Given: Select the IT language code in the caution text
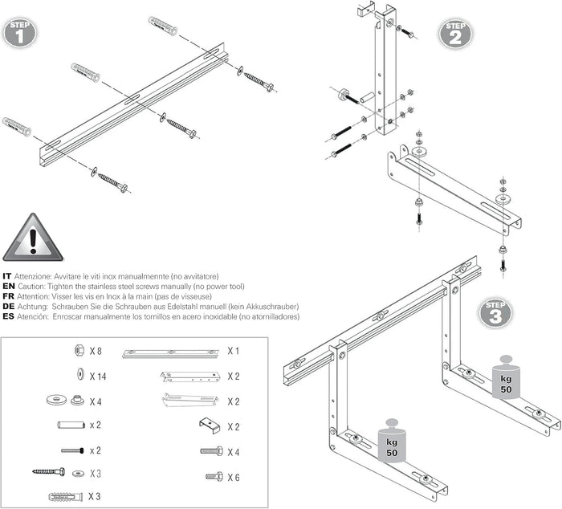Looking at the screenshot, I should [x=7, y=276].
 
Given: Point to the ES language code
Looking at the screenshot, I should [x=8, y=317].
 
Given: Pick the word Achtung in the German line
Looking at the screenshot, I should [x=34, y=307].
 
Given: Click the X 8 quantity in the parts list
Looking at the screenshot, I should [x=95, y=351].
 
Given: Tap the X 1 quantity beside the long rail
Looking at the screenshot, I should [x=233, y=351].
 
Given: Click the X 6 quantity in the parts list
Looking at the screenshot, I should [x=233, y=478].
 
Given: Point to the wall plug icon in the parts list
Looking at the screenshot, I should [x=65, y=496].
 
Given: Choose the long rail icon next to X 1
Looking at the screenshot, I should [x=170, y=352].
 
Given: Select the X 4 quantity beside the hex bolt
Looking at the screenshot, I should [x=233, y=452].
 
